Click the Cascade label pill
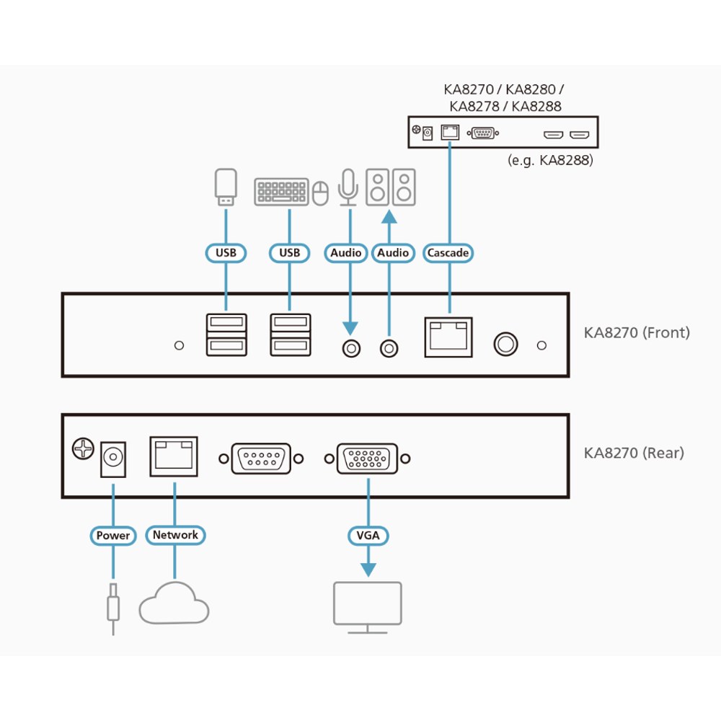point(448,253)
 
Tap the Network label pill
point(175,535)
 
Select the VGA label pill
point(368,535)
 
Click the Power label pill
point(113,536)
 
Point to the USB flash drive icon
point(226,187)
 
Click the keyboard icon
point(281,191)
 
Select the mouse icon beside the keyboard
point(321,193)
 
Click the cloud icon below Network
point(174,603)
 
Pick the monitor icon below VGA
point(368,607)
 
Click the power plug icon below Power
point(113,609)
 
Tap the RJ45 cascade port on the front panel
point(448,337)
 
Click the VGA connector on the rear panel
point(368,459)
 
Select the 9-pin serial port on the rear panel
point(261,459)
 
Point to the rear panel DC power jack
point(113,459)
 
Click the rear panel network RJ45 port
point(174,456)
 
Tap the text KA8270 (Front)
point(637,332)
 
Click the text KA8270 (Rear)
point(634,453)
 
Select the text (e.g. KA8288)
point(550,160)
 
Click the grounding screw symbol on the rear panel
point(83,448)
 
